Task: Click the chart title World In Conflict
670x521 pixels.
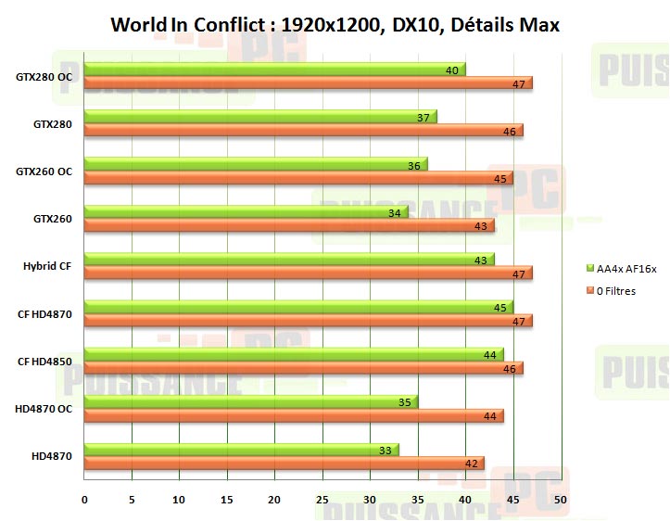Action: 335,25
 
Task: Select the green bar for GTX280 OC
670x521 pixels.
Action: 274,69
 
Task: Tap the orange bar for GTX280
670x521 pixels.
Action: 303,131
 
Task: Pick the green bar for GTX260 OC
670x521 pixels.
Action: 255,165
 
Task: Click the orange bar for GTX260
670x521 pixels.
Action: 289,225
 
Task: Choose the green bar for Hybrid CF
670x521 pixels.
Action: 289,260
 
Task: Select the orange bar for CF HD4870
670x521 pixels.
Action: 308,321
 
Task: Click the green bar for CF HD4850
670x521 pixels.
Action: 294,354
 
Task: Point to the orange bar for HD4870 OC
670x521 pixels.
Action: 294,416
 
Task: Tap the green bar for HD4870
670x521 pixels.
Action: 241,450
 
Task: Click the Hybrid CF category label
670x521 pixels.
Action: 47,266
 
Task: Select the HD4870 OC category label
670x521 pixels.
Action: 44,409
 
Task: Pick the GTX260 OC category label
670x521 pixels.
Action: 44,171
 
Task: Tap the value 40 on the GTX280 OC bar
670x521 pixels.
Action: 452,70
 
